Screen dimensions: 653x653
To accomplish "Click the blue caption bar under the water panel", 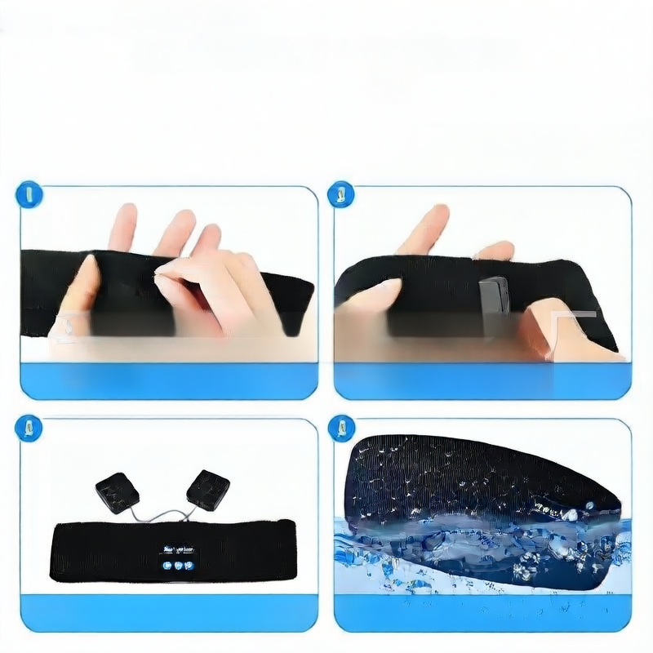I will pos(482,613).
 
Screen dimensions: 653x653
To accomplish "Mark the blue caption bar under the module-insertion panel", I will pos(482,380).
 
